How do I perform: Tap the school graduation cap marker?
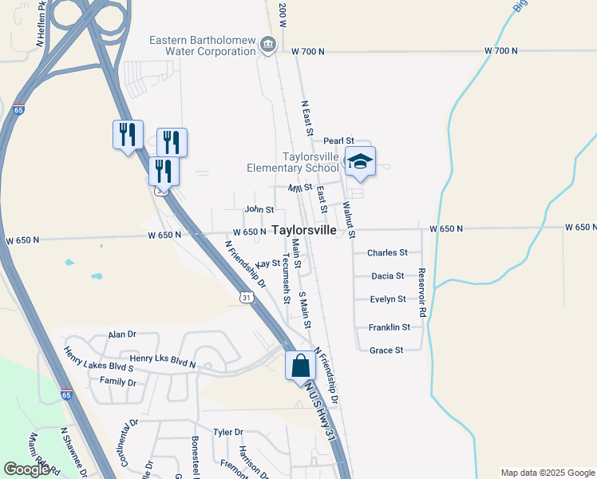360,162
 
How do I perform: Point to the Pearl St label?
338,141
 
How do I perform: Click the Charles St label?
387,252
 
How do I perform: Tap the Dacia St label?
389,276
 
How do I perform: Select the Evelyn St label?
388,299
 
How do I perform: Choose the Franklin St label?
389,327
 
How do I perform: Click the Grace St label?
386,350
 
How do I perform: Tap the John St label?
259,209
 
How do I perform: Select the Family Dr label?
118,382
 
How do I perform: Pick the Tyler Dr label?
228,432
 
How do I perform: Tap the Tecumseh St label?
285,279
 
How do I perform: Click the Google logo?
26,469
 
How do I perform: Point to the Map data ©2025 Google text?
547,473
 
